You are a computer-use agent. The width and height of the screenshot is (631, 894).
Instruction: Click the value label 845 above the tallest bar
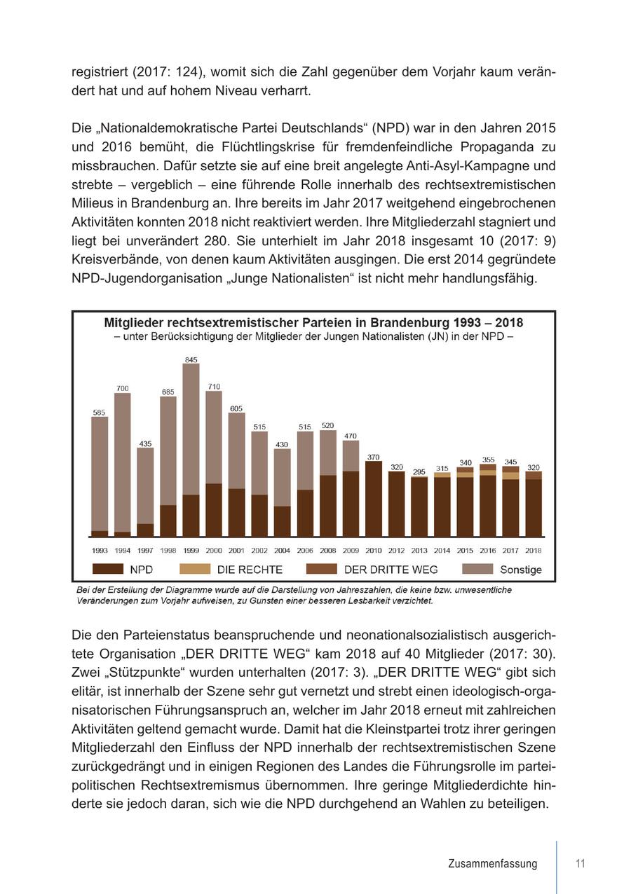(x=191, y=359)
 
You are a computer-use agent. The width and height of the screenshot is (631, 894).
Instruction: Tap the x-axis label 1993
(x=100, y=551)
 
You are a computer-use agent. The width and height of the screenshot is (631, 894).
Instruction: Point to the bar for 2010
(x=374, y=499)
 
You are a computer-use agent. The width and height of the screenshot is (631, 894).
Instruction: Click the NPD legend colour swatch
(x=108, y=569)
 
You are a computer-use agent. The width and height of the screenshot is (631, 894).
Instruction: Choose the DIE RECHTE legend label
(x=250, y=570)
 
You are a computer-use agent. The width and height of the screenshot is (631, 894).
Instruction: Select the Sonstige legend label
(x=521, y=570)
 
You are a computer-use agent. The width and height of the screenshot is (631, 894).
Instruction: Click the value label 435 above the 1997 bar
(x=145, y=443)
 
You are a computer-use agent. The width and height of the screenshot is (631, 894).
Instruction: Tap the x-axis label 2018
(x=534, y=551)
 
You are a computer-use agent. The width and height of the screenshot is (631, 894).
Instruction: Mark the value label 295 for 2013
(x=419, y=472)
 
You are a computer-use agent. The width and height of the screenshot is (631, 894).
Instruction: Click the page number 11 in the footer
(x=580, y=863)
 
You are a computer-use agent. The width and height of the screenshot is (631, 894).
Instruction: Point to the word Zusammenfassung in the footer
(x=493, y=864)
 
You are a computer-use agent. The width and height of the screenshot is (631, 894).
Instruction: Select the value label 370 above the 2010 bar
(x=374, y=457)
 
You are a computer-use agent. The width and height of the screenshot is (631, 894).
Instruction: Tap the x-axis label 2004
(x=282, y=551)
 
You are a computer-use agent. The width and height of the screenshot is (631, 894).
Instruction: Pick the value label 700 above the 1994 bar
(x=123, y=388)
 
